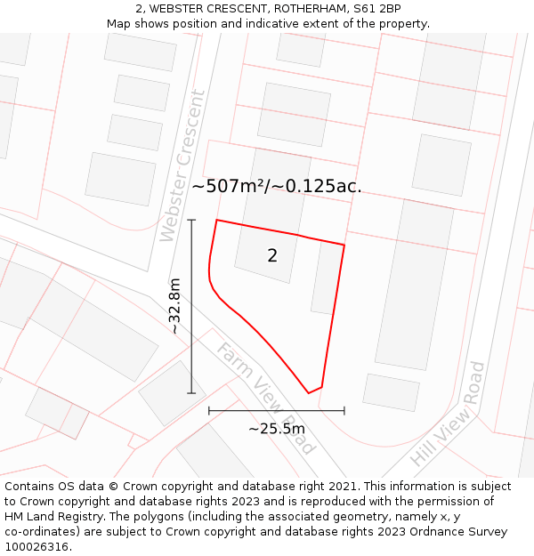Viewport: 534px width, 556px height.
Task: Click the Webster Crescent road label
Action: point(183,166)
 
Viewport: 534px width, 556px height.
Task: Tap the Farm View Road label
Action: point(266,398)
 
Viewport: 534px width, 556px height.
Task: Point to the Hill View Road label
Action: point(449,414)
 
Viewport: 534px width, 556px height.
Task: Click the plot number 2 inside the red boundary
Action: point(272,256)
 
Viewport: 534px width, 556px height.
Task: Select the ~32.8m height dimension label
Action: point(175,306)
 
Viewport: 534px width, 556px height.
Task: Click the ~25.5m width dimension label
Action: point(277,429)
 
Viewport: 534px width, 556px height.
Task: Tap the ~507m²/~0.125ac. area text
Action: point(277,186)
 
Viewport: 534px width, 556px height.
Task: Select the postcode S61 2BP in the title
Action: point(376,9)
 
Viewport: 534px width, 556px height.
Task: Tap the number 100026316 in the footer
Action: point(37,547)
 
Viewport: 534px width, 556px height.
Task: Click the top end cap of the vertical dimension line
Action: point(191,220)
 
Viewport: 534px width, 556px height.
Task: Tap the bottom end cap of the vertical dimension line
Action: point(191,393)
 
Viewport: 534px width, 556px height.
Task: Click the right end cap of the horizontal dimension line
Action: point(344,411)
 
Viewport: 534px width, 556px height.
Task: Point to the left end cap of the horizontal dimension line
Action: point(209,411)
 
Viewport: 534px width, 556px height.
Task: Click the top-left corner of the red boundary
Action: point(217,221)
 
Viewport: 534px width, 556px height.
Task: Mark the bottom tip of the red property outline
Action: point(309,392)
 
